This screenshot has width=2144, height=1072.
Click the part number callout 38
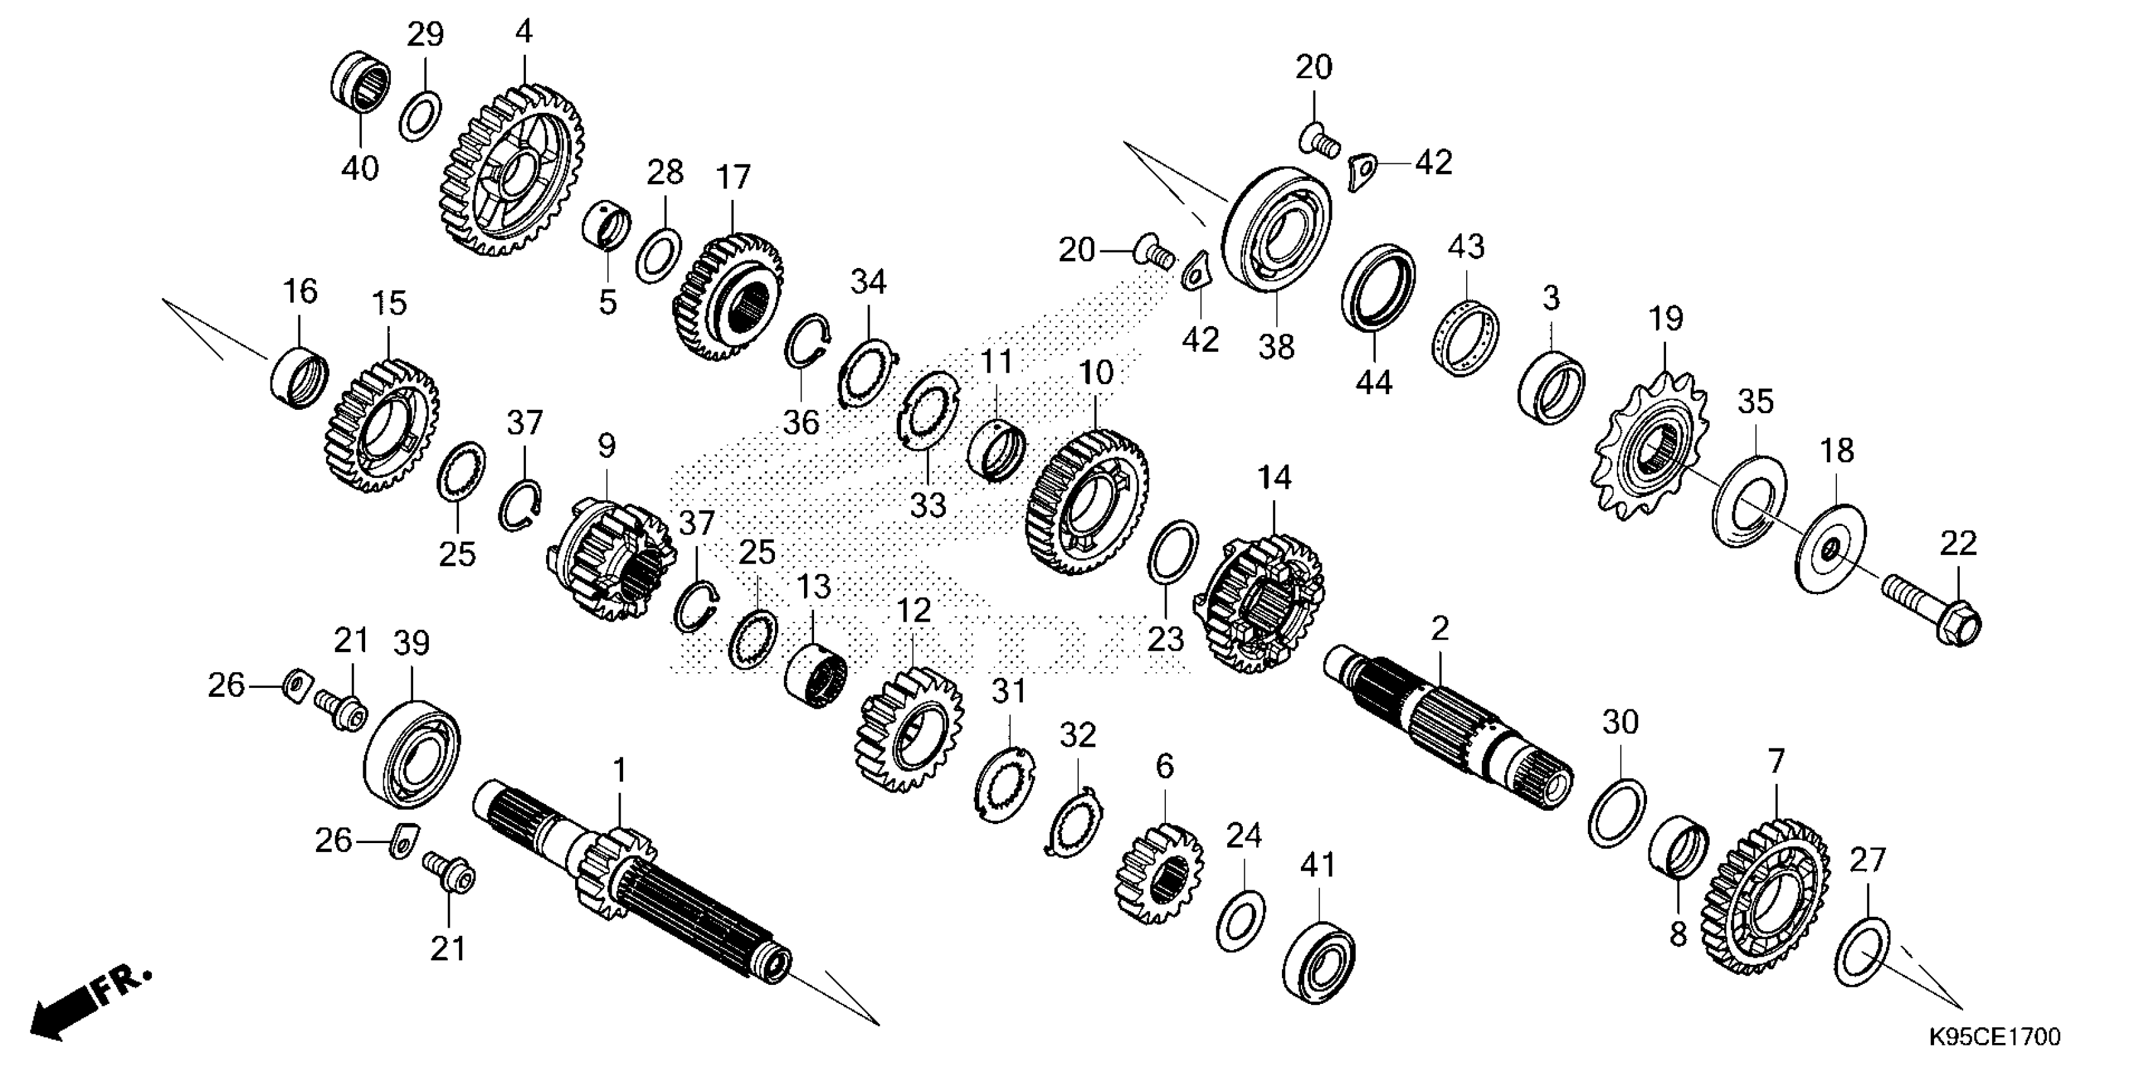click(1276, 346)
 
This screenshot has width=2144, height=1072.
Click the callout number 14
click(1274, 478)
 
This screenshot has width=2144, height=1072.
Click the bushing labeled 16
click(299, 377)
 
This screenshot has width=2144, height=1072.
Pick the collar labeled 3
click(1551, 387)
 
